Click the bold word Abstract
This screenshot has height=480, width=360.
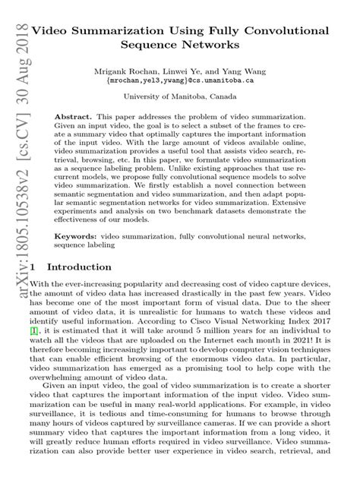(74, 120)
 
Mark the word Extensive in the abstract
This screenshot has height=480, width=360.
(305, 204)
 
